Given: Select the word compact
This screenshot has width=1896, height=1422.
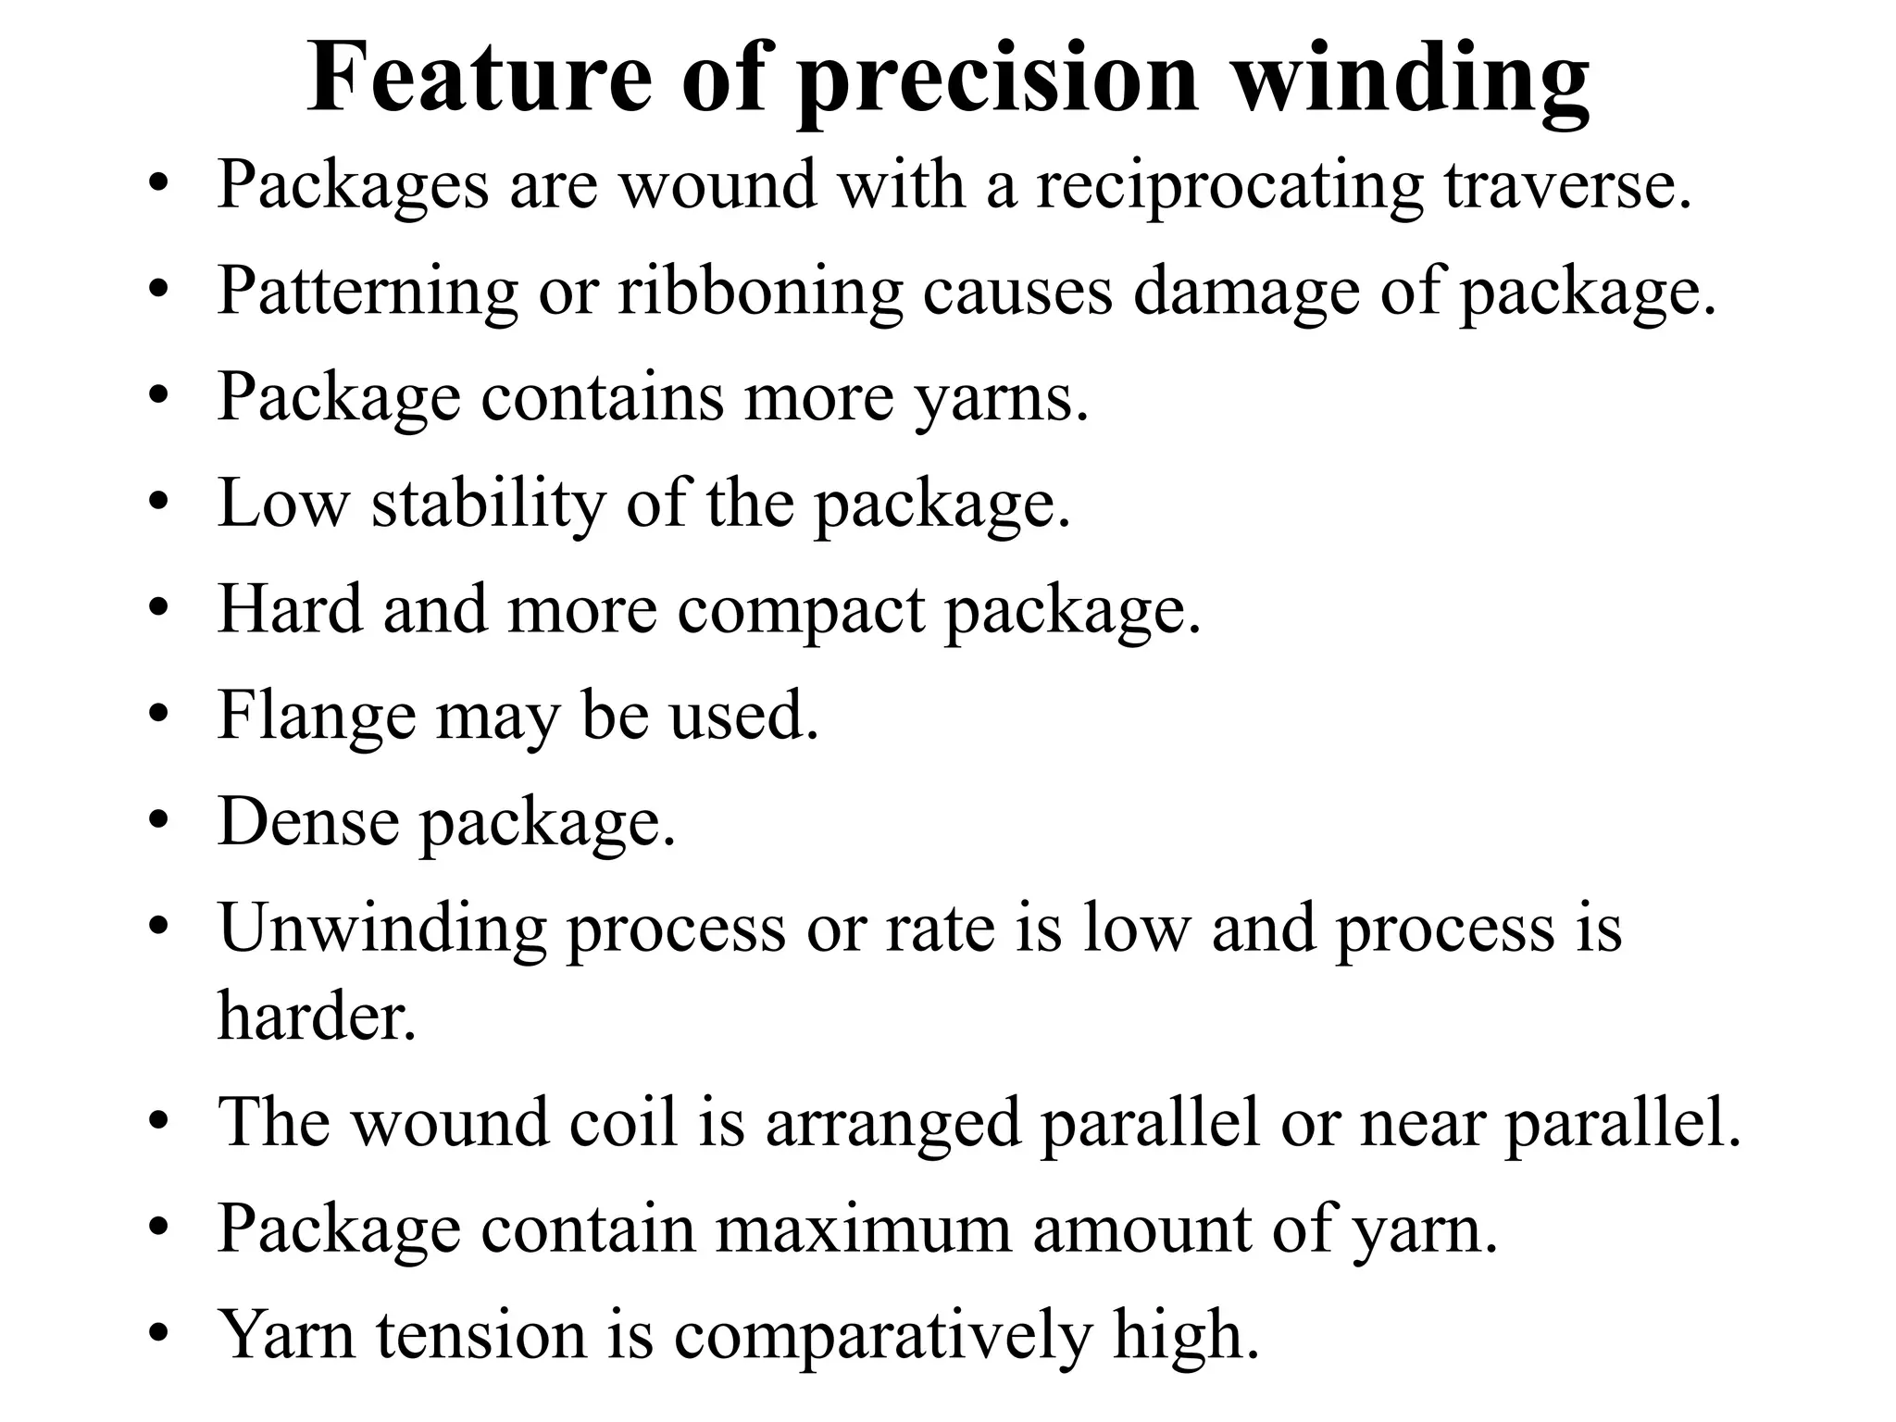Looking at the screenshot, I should click(x=802, y=611).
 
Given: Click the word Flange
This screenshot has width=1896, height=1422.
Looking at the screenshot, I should click(x=317, y=717).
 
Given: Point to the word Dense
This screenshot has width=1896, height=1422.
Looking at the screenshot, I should click(x=308, y=822).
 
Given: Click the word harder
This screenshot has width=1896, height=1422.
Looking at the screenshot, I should click(x=317, y=1016).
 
